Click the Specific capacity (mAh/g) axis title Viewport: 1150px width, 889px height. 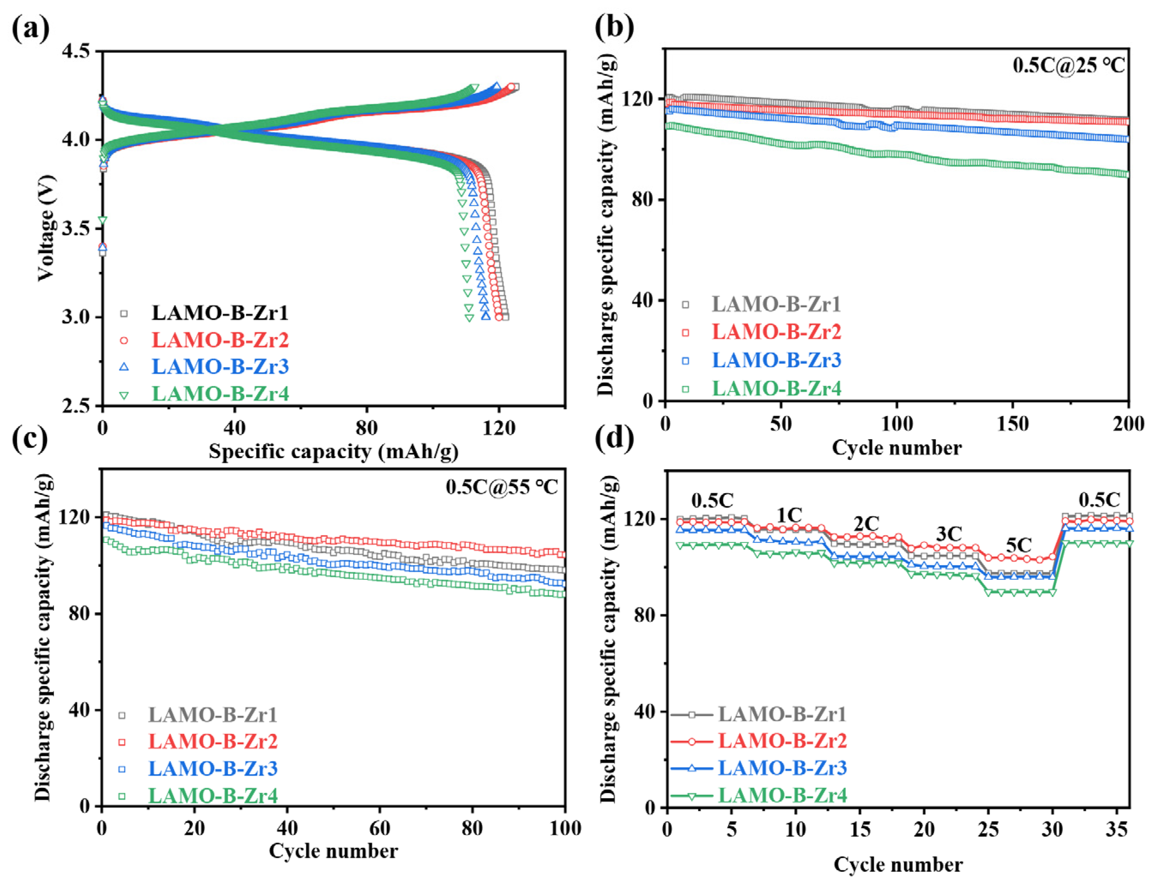pyautogui.click(x=333, y=452)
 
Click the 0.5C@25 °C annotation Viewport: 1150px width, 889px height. pyautogui.click(x=1069, y=65)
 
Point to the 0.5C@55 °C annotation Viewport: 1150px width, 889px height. pyautogui.click(x=501, y=487)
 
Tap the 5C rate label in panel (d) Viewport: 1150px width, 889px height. pyautogui.click(x=1018, y=545)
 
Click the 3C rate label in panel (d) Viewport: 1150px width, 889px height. pyautogui.click(x=949, y=534)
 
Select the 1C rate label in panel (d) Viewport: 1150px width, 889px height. pyautogui.click(x=789, y=515)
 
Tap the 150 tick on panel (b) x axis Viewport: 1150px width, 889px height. pyautogui.click(x=1012, y=424)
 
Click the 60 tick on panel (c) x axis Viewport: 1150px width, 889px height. pyautogui.click(x=379, y=829)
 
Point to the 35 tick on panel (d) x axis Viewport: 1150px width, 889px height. pyautogui.click(x=1116, y=831)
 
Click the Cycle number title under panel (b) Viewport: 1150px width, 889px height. pyautogui.click(x=896, y=448)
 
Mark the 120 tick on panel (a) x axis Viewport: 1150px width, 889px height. pyautogui.click(x=499, y=428)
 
